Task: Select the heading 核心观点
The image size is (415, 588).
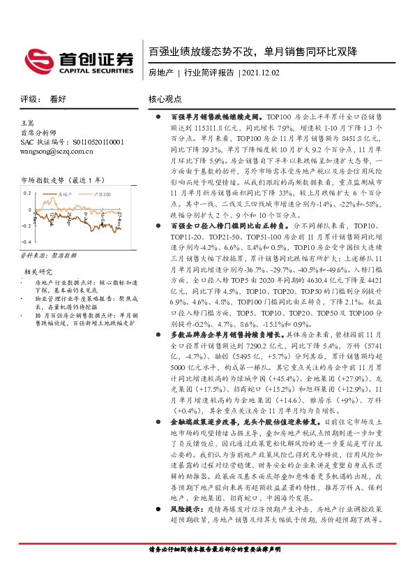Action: (165, 99)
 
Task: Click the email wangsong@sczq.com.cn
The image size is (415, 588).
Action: (61, 151)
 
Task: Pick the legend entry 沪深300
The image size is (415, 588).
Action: (102, 193)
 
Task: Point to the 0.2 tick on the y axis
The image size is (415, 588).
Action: (27, 192)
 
